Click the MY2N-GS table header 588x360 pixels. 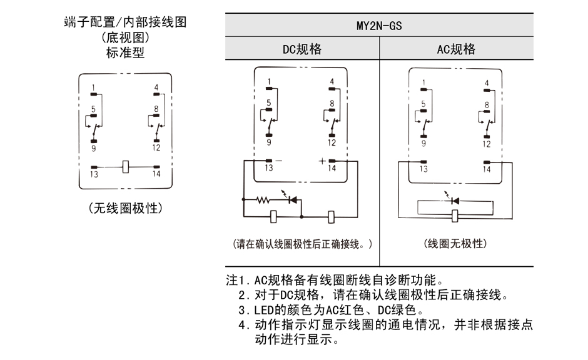tap(379, 26)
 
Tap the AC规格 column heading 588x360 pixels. tap(456, 49)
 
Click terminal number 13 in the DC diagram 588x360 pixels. tap(268, 169)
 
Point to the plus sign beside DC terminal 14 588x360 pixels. tap(322, 161)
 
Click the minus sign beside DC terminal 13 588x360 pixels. tap(278, 161)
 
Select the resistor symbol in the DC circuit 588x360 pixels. tap(263, 201)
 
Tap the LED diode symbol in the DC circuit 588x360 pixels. tap(291, 201)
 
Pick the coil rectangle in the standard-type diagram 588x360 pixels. tap(125, 167)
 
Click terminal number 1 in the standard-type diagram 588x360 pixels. tap(93, 87)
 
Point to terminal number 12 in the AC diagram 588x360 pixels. tap(486, 143)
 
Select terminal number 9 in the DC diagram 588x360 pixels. tap(268, 142)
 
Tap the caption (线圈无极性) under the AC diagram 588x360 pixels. tap(455, 244)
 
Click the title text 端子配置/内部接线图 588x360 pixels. tap(125, 22)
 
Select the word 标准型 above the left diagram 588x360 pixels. tap(125, 53)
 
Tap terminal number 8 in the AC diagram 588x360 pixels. tap(486, 105)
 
